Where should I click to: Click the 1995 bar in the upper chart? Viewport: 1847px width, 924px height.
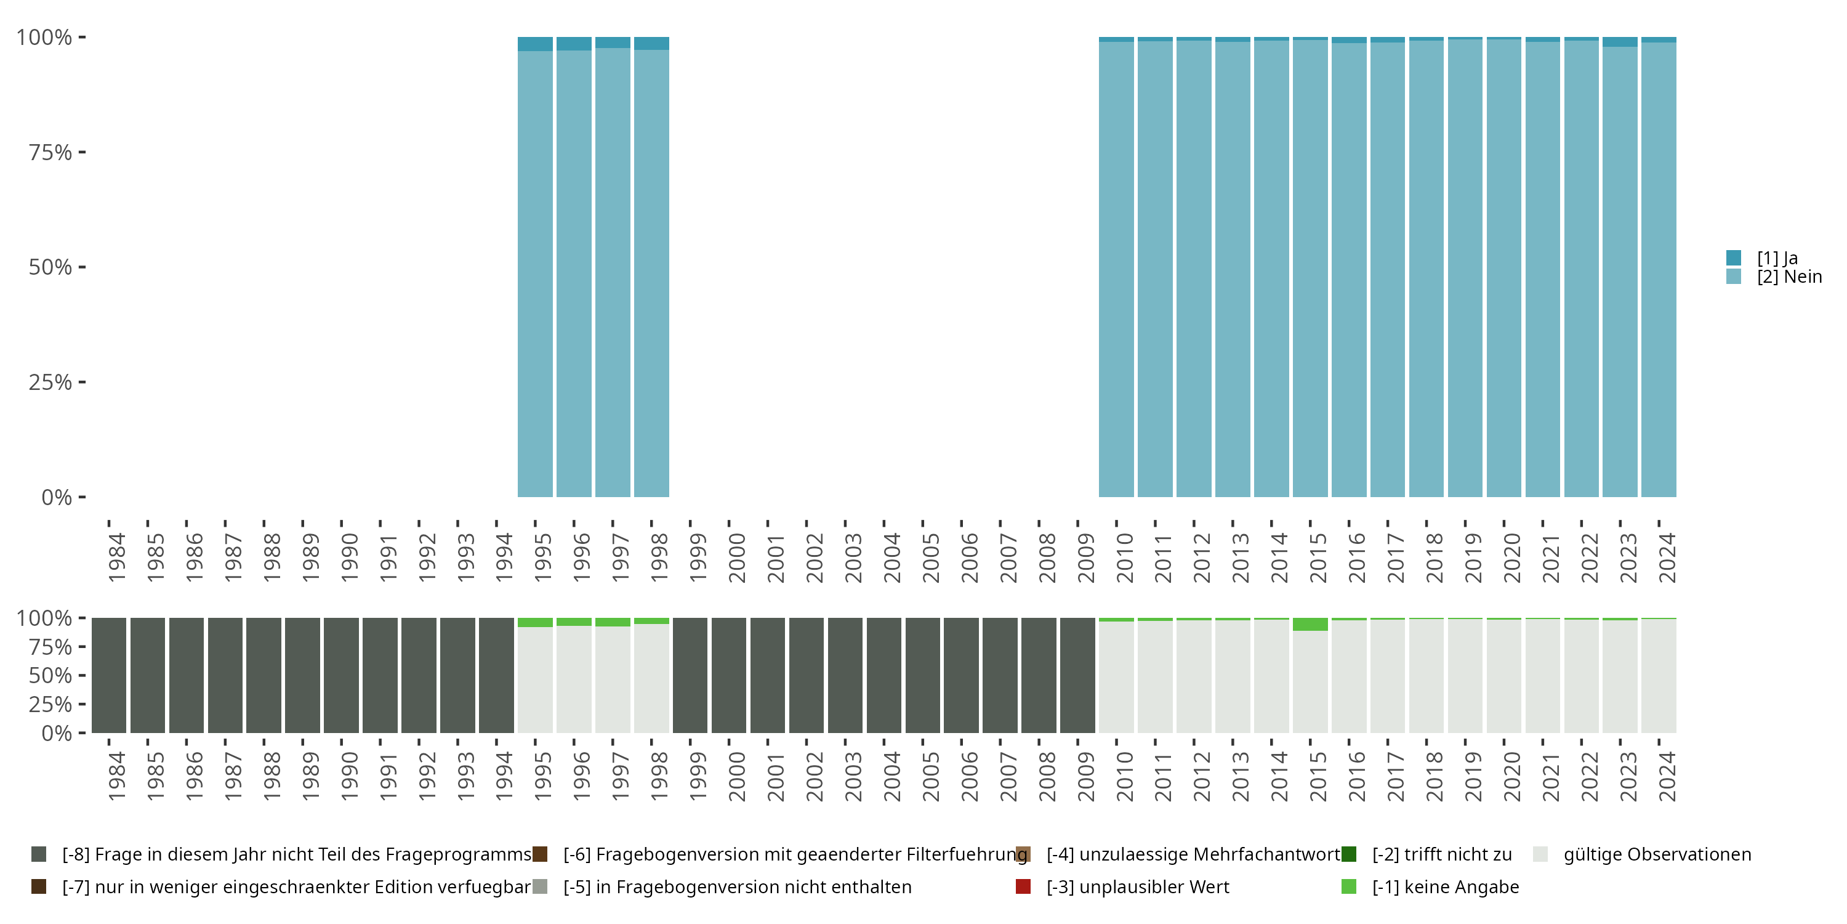click(535, 273)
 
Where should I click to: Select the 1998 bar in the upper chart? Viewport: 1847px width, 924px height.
click(651, 273)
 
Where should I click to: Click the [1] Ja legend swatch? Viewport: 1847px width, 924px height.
click(1734, 257)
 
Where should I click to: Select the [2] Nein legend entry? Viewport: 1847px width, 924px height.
click(1789, 277)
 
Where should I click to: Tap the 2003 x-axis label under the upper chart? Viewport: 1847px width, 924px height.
click(853, 558)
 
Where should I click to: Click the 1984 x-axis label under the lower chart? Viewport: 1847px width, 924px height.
click(117, 777)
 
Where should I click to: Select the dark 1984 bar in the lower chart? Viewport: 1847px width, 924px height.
click(109, 675)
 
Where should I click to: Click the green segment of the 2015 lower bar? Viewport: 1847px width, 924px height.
click(1310, 624)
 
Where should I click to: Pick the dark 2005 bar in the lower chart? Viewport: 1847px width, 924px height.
click(923, 675)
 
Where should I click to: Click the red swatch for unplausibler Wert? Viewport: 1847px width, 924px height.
click(1023, 886)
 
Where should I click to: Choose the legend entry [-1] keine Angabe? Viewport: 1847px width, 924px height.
click(1445, 886)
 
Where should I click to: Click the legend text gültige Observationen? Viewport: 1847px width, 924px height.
click(1657, 854)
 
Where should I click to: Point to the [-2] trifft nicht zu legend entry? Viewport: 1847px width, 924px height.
click(1441, 854)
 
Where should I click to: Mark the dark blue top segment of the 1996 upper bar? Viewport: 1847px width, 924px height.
click(574, 44)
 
